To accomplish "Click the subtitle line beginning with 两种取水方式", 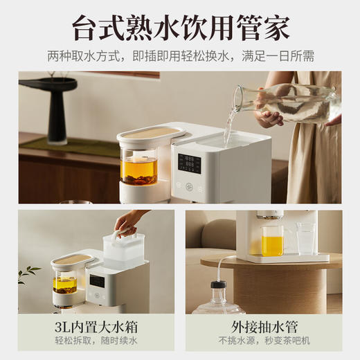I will tap(179, 55).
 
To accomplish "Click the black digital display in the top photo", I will tap(189, 163).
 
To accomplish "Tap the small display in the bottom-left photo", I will tap(98, 281).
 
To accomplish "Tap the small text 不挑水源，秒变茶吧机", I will tap(263, 341).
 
